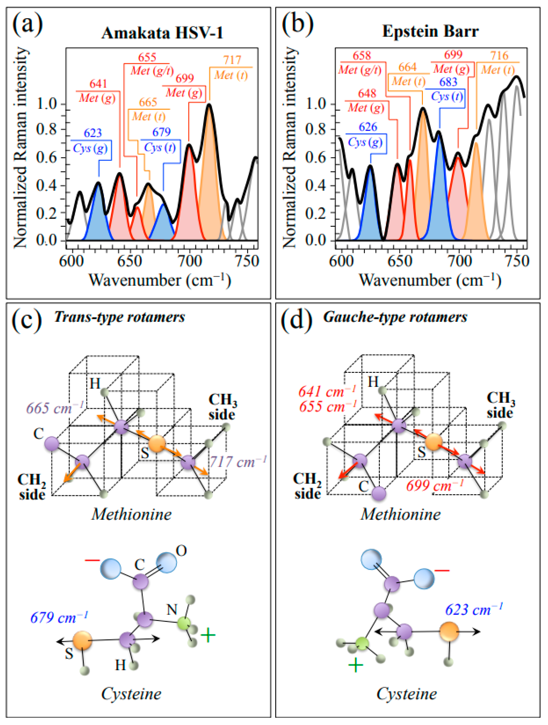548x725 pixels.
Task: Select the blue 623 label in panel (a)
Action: pyautogui.click(x=93, y=133)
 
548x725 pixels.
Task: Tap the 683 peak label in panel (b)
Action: pyautogui.click(x=448, y=82)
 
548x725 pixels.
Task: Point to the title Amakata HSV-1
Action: pyautogui.click(x=162, y=33)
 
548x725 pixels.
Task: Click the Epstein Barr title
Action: pyautogui.click(x=430, y=32)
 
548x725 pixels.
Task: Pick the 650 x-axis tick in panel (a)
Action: pyautogui.click(x=130, y=261)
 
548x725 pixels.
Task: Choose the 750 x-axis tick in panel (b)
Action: pyautogui.click(x=517, y=261)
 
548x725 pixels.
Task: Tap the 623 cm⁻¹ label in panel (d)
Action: pyautogui.click(x=474, y=610)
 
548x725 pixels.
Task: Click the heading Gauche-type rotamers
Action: pyautogui.click(x=395, y=317)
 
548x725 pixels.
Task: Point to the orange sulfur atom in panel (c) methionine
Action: pyautogui.click(x=157, y=444)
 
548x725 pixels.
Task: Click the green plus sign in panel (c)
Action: pyautogui.click(x=208, y=635)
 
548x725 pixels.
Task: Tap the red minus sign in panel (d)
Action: pyautogui.click(x=442, y=571)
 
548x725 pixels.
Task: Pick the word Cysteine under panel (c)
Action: pyautogui.click(x=131, y=694)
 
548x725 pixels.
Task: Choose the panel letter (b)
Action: pyautogui.click(x=297, y=24)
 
